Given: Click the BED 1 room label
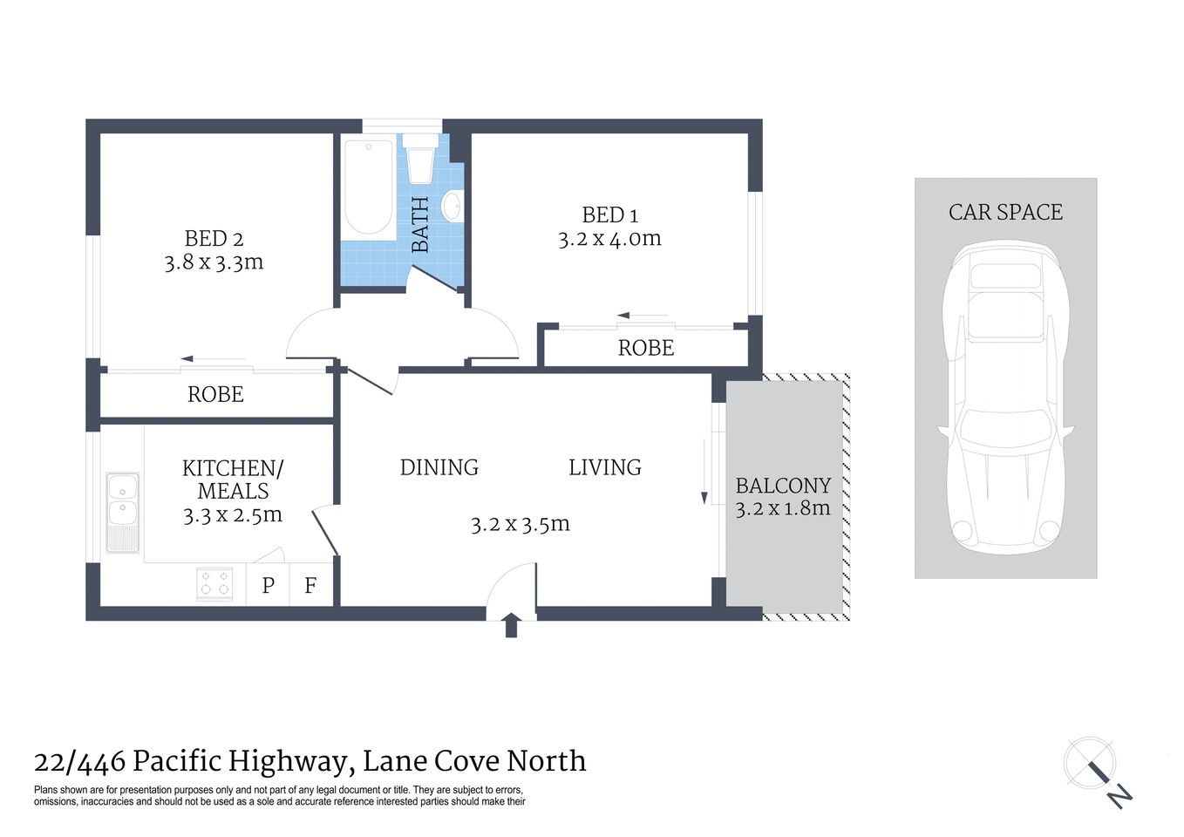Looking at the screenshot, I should [x=609, y=214].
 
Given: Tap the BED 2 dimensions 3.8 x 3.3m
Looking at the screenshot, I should [x=214, y=262].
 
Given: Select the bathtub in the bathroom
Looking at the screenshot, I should [x=368, y=187].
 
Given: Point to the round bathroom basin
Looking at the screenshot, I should [x=452, y=207].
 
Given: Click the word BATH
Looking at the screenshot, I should [x=420, y=225].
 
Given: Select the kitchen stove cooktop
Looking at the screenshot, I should [x=214, y=583].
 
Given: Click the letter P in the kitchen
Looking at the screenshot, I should [x=269, y=585].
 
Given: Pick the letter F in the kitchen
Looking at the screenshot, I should [x=310, y=585].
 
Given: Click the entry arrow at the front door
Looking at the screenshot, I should [x=512, y=624].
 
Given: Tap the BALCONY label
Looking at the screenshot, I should [x=783, y=486].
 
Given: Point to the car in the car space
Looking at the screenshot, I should [x=1005, y=397].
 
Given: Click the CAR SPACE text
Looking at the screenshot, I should [x=1005, y=212].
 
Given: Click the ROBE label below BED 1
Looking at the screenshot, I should [x=646, y=348].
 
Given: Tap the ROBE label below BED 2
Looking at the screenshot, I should [x=215, y=394].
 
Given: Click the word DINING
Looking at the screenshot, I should [x=439, y=467].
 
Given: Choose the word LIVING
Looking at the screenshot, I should [x=604, y=467].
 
